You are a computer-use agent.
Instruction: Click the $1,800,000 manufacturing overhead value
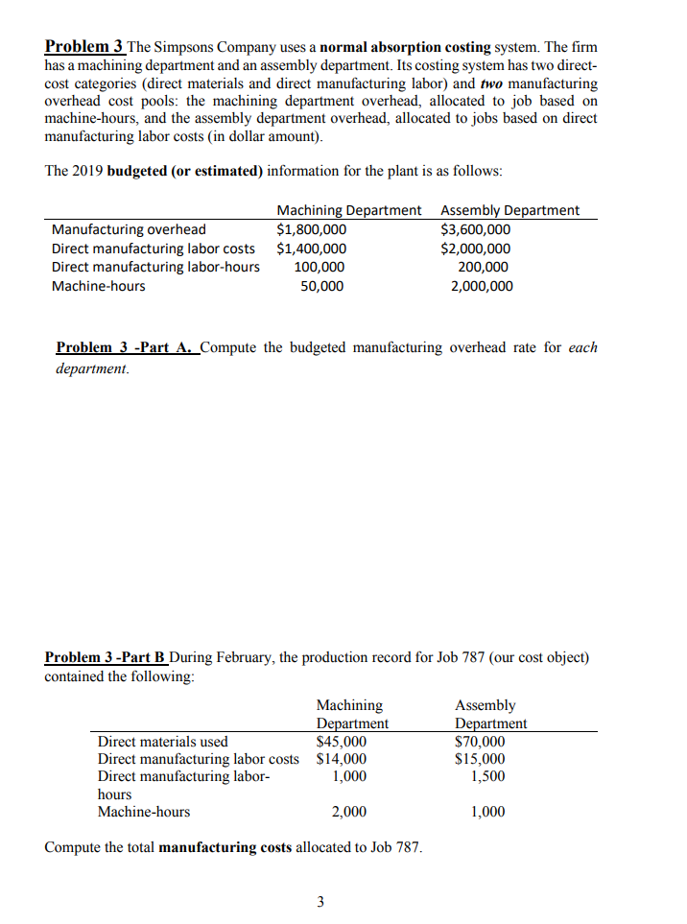tap(311, 229)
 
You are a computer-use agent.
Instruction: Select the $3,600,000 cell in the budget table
tap(475, 229)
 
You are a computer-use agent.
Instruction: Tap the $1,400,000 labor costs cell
tap(311, 249)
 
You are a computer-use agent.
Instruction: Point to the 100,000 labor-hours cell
tap(320, 267)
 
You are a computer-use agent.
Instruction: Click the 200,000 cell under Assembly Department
tap(482, 267)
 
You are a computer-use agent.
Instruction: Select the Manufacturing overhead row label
tap(128, 229)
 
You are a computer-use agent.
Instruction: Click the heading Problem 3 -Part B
tap(106, 658)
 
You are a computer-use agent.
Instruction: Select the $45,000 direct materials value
tap(341, 742)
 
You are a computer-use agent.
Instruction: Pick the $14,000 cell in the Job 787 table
tap(341, 759)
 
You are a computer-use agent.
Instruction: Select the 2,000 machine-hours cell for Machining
tap(348, 812)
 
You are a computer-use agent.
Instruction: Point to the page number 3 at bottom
tap(320, 901)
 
